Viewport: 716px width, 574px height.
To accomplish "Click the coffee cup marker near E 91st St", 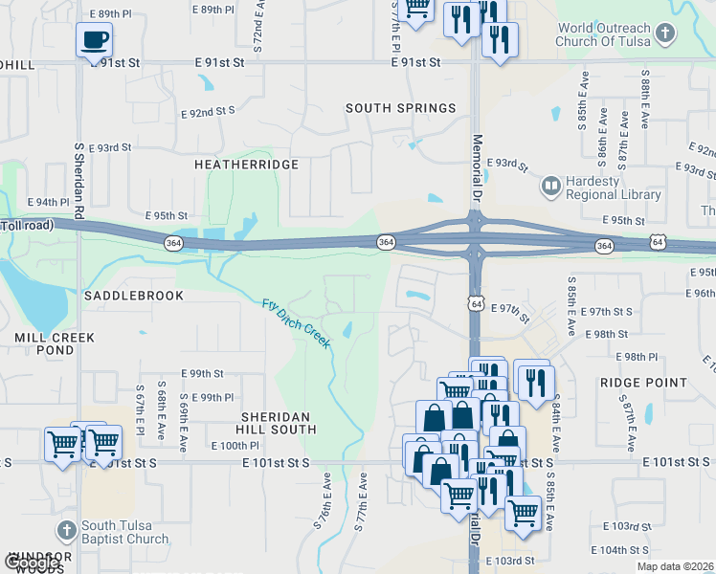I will [94, 39].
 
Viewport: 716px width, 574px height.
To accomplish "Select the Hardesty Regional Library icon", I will [550, 185].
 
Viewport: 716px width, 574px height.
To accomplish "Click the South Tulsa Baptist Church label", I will [124, 531].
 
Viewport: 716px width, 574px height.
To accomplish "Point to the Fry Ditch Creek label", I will [297, 323].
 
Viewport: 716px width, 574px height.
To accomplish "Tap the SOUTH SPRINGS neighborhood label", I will [400, 108].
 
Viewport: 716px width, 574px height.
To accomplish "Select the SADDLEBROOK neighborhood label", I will [133, 296].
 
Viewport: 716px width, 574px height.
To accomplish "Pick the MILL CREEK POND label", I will [55, 345].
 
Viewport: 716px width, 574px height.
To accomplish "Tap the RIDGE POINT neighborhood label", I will [643, 382].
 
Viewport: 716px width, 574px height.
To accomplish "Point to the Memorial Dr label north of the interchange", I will [477, 162].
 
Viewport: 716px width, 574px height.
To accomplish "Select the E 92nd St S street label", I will [208, 111].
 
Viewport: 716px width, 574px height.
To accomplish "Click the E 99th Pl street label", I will [213, 397].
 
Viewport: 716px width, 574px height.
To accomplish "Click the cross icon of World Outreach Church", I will [664, 35].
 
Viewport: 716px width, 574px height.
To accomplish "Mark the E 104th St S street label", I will [621, 550].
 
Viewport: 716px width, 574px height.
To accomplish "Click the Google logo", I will [32, 563].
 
